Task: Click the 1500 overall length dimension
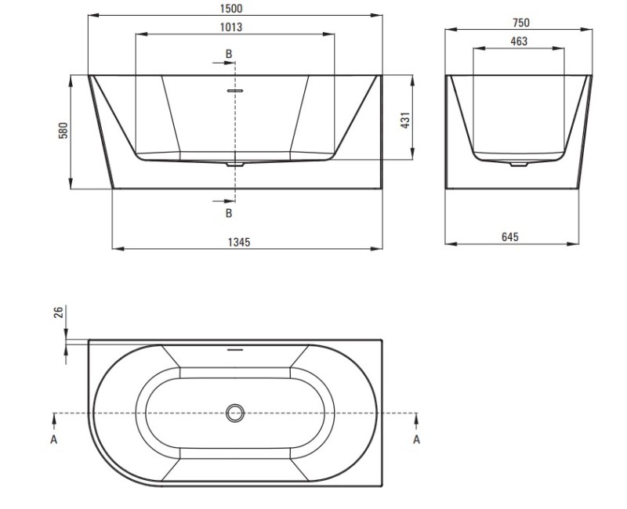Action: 231,8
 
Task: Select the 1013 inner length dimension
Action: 231,27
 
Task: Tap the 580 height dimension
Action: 63,130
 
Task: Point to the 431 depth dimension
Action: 405,121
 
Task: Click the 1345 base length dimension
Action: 239,242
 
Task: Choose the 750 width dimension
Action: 521,23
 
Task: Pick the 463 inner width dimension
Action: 519,42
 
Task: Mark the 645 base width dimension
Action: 510,237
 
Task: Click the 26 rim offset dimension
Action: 58,312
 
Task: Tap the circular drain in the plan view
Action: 235,413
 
